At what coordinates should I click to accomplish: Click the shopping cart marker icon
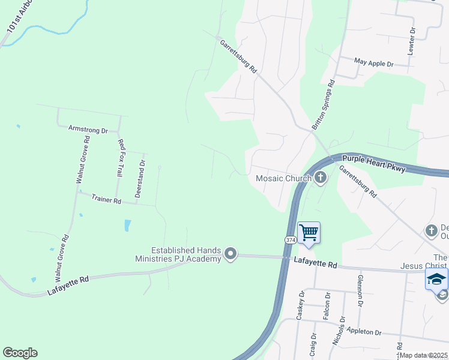[x=309, y=232]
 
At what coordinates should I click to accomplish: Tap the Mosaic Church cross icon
[x=321, y=177]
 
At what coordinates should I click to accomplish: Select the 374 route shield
[x=291, y=239]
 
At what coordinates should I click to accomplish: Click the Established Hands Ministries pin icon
[x=231, y=255]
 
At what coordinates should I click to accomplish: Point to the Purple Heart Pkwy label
[x=374, y=164]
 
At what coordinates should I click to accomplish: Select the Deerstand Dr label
[x=140, y=179]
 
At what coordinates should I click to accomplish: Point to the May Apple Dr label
[x=373, y=62]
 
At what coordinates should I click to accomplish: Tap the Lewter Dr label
[x=412, y=41]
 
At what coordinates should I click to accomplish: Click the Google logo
[x=20, y=353]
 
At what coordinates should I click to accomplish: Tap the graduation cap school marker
[x=436, y=279]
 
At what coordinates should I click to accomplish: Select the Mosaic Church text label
[x=283, y=178]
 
